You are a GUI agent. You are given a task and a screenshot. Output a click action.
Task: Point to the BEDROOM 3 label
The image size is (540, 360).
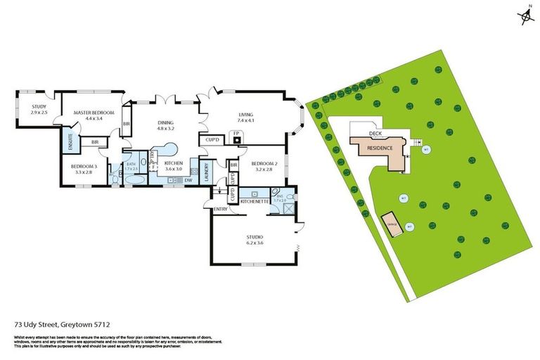click(x=84, y=165)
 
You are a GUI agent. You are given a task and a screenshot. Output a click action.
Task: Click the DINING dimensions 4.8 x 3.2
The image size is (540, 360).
click(x=165, y=129)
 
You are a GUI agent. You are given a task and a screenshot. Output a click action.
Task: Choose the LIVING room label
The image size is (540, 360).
click(x=245, y=115)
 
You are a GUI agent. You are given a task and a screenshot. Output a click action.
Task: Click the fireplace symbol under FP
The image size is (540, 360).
click(x=238, y=139)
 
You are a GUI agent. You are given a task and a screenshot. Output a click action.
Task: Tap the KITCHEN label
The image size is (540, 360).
click(x=173, y=162)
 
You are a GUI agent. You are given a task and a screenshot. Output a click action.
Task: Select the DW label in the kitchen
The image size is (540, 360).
click(x=188, y=180)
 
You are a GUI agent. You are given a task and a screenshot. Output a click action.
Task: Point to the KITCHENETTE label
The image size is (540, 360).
click(x=254, y=201)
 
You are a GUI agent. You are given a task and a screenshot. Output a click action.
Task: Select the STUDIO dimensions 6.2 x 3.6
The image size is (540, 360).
click(x=254, y=243)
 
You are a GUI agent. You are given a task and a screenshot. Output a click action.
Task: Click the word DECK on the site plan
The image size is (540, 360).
click(x=376, y=133)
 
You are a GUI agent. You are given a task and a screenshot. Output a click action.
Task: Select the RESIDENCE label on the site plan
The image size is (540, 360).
click(x=380, y=148)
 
